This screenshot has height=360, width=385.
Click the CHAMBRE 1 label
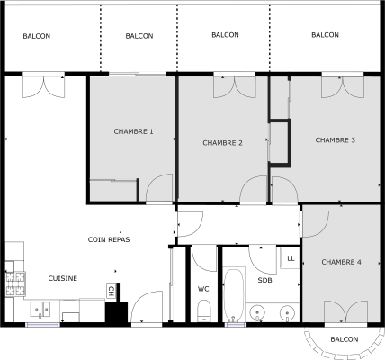133,131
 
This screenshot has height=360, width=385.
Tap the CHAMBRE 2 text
222,142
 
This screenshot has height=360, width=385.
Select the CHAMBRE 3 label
335,139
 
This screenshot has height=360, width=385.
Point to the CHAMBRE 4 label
341,262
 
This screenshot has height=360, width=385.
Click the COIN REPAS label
108,239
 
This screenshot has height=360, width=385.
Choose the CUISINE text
62,278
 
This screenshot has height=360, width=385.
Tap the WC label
203,288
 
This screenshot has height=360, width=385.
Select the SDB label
264,280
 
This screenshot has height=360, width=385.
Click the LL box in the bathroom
290,258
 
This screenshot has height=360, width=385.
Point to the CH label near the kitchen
111,290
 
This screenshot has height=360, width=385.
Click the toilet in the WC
203,310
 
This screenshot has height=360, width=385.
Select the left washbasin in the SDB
258,313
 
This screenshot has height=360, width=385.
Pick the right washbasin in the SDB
286,313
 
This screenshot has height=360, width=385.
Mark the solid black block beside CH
115,312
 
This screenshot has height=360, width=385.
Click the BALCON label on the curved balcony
344,338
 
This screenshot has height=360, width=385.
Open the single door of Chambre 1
159,190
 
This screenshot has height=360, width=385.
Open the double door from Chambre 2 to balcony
232,85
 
